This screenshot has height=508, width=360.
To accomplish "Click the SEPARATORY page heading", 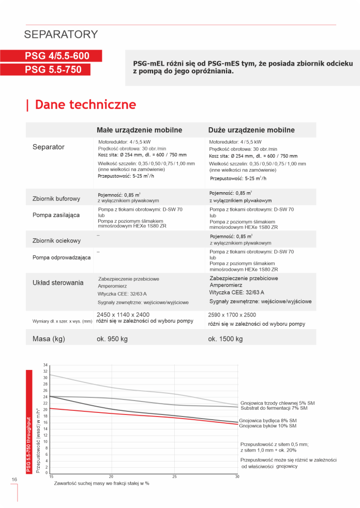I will (61, 35).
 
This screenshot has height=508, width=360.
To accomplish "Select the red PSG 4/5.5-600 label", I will (57, 56).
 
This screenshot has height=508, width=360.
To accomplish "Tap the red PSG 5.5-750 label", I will (53, 69).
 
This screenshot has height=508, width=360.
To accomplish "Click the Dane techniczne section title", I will (85, 105).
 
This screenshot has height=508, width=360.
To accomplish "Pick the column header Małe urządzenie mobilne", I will (140, 130).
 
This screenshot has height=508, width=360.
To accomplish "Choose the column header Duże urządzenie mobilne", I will (251, 130).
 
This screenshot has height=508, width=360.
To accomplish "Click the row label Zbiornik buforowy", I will (56, 198).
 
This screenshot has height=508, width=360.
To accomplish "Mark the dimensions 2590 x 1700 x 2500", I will (232, 315).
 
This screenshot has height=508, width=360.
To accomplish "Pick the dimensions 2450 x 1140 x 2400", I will (123, 314).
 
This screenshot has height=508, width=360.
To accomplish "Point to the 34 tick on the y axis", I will (46, 365).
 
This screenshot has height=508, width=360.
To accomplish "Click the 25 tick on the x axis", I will (174, 476).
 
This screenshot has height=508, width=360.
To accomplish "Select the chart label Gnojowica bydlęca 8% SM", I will (268, 421).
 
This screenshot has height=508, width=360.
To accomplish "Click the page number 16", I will (14, 480).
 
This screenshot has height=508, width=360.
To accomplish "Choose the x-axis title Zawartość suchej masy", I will (102, 484).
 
